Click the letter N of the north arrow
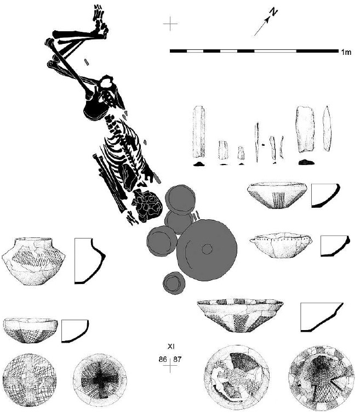click(273, 12)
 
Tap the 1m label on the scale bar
click(346, 52)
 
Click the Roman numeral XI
click(171, 347)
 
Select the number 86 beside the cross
click(163, 359)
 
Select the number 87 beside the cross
click(177, 359)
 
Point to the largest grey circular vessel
click(207, 250)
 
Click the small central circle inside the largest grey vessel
click(207, 249)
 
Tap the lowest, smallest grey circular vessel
click(174, 283)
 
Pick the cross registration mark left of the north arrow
click(170, 24)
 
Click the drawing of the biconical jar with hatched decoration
click(33, 261)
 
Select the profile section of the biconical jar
click(90, 260)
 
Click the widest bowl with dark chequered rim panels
click(240, 315)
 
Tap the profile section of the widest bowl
click(322, 317)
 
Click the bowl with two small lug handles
click(281, 245)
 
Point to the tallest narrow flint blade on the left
click(198, 132)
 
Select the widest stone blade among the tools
click(305, 129)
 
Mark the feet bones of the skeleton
click(100, 21)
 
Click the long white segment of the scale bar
click(275, 51)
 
